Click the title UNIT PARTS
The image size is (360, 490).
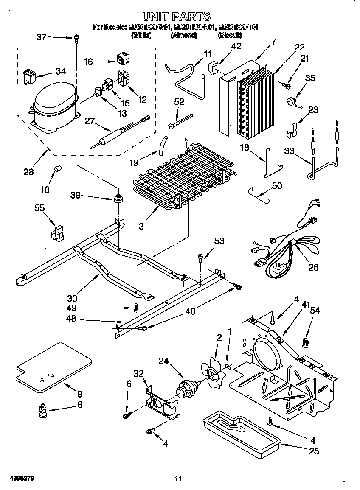(176, 17)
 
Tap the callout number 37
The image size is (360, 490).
(41, 37)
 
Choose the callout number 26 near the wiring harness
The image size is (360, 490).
(314, 268)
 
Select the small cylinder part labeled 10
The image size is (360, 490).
(56, 170)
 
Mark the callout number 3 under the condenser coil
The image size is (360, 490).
(141, 226)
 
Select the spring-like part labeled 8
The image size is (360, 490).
(42, 411)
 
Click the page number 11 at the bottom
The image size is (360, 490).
(178, 479)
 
